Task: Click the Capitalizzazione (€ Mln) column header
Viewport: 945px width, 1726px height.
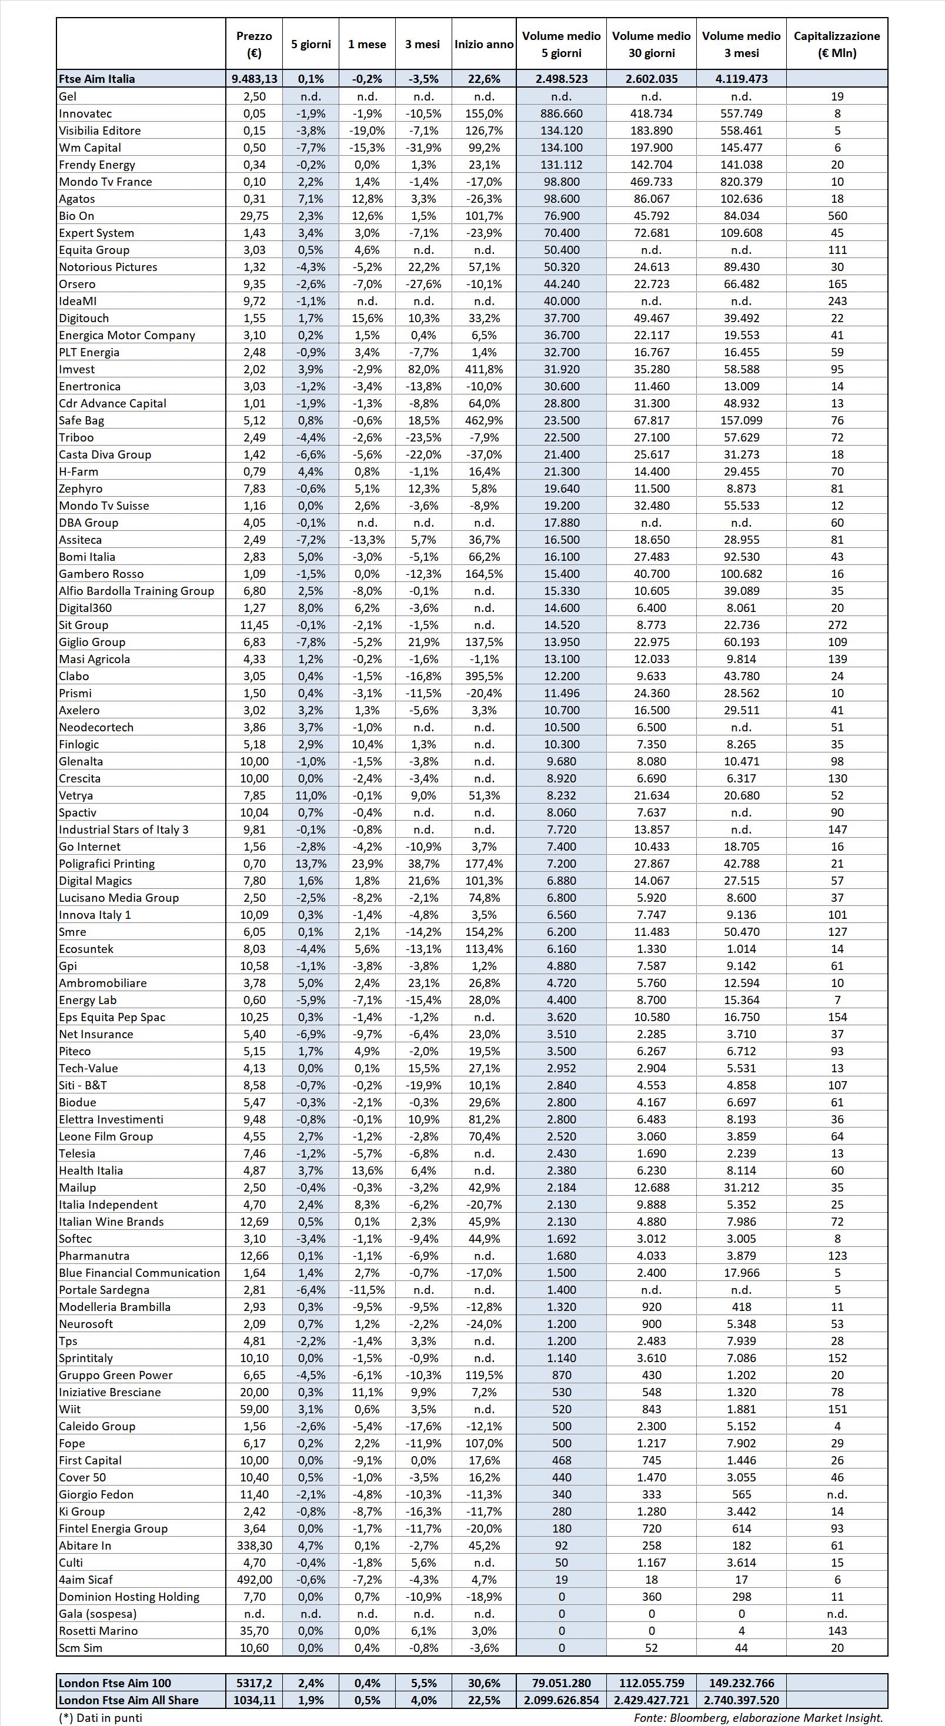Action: [x=836, y=44]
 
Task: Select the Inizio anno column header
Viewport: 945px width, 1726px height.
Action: [x=484, y=44]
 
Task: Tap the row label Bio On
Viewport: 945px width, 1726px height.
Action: [x=76, y=216]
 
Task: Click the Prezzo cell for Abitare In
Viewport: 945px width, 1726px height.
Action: [x=254, y=1545]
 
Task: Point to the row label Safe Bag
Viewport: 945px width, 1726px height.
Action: [x=81, y=420]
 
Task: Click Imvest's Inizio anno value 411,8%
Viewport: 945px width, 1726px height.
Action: [x=484, y=369]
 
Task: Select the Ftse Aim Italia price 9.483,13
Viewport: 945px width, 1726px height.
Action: [x=254, y=78]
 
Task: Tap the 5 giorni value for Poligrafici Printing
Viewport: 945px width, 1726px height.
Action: [x=311, y=864]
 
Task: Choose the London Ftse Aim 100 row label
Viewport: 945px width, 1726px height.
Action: [x=115, y=1682]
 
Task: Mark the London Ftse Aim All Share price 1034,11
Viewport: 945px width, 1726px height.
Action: [x=254, y=1700]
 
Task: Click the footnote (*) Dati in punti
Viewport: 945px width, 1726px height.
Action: [x=100, y=1717]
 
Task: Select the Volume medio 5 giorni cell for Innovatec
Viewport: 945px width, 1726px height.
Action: [x=561, y=113]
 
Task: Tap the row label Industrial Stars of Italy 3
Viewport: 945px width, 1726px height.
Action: [x=123, y=829]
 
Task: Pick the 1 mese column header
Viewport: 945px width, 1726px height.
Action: [x=366, y=44]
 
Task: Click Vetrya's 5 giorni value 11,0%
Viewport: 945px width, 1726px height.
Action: [x=311, y=795]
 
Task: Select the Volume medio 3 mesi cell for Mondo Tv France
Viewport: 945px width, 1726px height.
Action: [x=740, y=182]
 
